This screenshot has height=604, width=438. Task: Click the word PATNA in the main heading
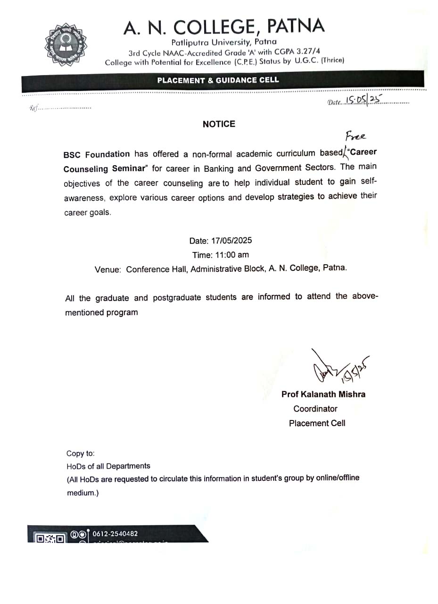(292, 26)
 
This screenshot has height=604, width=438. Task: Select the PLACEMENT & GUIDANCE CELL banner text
(218, 80)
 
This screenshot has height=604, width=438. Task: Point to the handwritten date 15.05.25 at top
(363, 100)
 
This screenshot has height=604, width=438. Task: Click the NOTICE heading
(219, 124)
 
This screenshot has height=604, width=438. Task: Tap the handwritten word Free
(355, 137)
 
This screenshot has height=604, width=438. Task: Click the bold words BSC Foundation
(97, 154)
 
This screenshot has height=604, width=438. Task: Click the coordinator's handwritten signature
(337, 368)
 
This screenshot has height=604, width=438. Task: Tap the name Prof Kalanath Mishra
(323, 394)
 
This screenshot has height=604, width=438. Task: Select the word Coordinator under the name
(315, 409)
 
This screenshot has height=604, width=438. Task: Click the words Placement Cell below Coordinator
(317, 423)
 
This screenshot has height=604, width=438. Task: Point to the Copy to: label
(81, 453)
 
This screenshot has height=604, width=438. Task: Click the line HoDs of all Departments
(108, 466)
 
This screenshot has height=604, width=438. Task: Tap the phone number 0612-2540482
(115, 534)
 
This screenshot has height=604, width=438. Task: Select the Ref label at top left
(33, 108)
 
